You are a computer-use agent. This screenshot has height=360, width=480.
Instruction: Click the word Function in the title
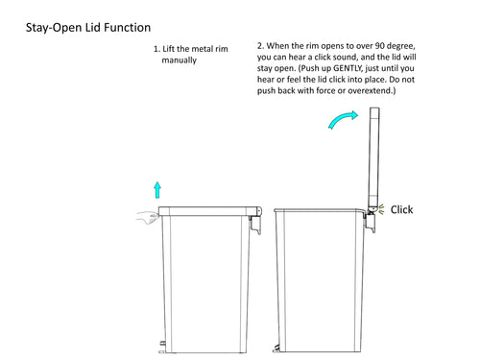128,28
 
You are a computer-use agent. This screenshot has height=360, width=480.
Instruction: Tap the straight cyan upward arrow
157,190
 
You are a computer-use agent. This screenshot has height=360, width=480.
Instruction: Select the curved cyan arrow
342,119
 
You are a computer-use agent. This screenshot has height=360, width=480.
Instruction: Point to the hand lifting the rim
147,218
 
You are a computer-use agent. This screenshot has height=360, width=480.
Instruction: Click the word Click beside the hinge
401,209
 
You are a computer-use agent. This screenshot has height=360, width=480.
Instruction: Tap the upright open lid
373,157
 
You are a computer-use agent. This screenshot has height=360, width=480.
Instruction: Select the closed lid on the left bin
210,211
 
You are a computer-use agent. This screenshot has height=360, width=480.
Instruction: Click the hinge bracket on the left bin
255,225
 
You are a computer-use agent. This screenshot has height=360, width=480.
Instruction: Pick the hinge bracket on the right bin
371,222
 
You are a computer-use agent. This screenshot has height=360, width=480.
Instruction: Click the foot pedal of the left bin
162,348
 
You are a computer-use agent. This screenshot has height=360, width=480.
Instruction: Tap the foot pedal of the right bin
276,348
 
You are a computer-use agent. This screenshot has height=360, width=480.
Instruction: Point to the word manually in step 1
179,60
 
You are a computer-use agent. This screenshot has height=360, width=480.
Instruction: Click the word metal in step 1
203,49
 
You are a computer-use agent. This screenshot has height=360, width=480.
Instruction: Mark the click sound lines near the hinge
381,210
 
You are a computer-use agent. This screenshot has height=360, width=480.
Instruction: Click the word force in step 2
325,90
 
